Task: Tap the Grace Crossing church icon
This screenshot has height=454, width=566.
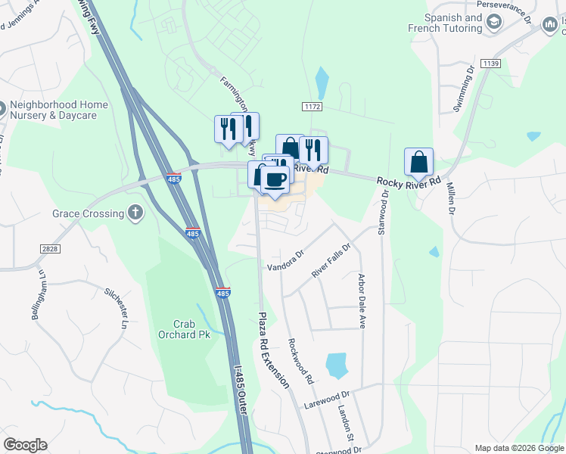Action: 135,213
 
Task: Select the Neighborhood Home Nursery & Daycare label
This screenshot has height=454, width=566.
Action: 58,110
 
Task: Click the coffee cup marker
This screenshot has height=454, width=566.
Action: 275,179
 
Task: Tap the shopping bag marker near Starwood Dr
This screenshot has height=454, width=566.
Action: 418,161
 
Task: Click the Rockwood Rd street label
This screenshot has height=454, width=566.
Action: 300,361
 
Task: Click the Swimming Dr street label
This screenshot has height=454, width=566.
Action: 463,89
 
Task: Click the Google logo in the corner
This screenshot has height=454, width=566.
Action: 25,445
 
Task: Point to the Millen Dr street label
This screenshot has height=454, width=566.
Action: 452,198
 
